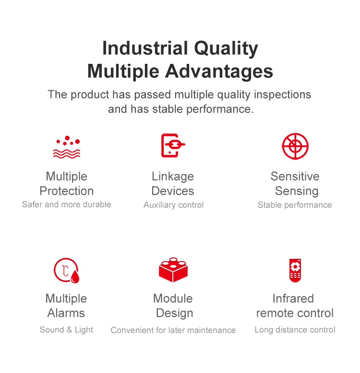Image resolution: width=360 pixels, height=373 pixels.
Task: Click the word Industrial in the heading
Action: click(145, 48)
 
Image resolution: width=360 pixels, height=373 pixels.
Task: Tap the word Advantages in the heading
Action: click(219, 72)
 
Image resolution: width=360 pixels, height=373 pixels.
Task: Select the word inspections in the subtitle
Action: click(283, 95)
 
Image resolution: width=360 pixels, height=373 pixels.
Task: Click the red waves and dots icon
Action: click(67, 147)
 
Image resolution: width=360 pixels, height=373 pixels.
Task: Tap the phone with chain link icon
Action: click(173, 145)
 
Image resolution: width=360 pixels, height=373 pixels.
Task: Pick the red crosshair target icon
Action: click(295, 146)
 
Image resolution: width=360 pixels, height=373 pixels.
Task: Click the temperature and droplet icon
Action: click(66, 270)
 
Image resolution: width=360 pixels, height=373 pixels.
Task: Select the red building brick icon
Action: click(173, 270)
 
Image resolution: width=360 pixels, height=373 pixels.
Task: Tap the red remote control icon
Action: click(295, 270)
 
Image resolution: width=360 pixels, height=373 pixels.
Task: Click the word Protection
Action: click(67, 191)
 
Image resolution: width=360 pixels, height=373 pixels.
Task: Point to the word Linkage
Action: click(173, 177)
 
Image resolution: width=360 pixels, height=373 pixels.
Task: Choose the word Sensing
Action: click(297, 191)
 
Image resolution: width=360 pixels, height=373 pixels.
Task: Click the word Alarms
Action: click(66, 313)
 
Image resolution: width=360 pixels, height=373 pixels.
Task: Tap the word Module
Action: click(173, 299)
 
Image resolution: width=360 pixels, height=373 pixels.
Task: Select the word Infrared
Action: click(293, 299)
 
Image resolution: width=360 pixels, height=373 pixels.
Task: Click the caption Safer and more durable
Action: click(67, 205)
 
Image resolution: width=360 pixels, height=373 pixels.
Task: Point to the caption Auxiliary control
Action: click(174, 205)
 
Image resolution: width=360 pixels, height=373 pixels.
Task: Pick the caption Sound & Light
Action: click(66, 330)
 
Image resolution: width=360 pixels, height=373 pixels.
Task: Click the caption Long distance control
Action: click(295, 330)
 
